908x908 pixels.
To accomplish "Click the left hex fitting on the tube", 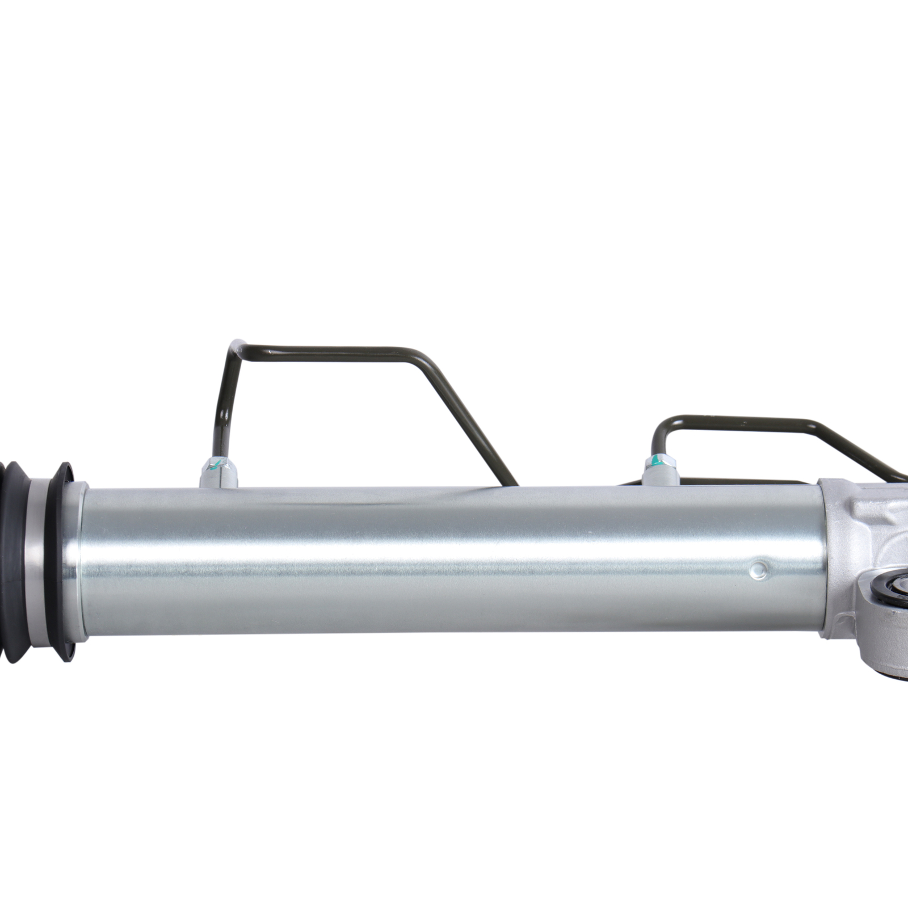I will click(x=218, y=473).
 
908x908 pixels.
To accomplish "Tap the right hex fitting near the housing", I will click(x=662, y=470).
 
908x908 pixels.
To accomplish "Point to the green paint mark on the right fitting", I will click(x=656, y=461).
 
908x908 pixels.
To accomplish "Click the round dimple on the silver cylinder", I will click(x=759, y=570).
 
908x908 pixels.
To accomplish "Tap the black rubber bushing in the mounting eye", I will click(x=885, y=593).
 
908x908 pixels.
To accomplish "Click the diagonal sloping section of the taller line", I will click(x=471, y=420).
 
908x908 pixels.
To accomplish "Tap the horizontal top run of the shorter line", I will click(x=738, y=423).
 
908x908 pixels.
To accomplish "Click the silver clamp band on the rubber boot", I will click(x=37, y=562).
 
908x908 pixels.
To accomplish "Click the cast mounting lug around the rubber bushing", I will click(x=877, y=636).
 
